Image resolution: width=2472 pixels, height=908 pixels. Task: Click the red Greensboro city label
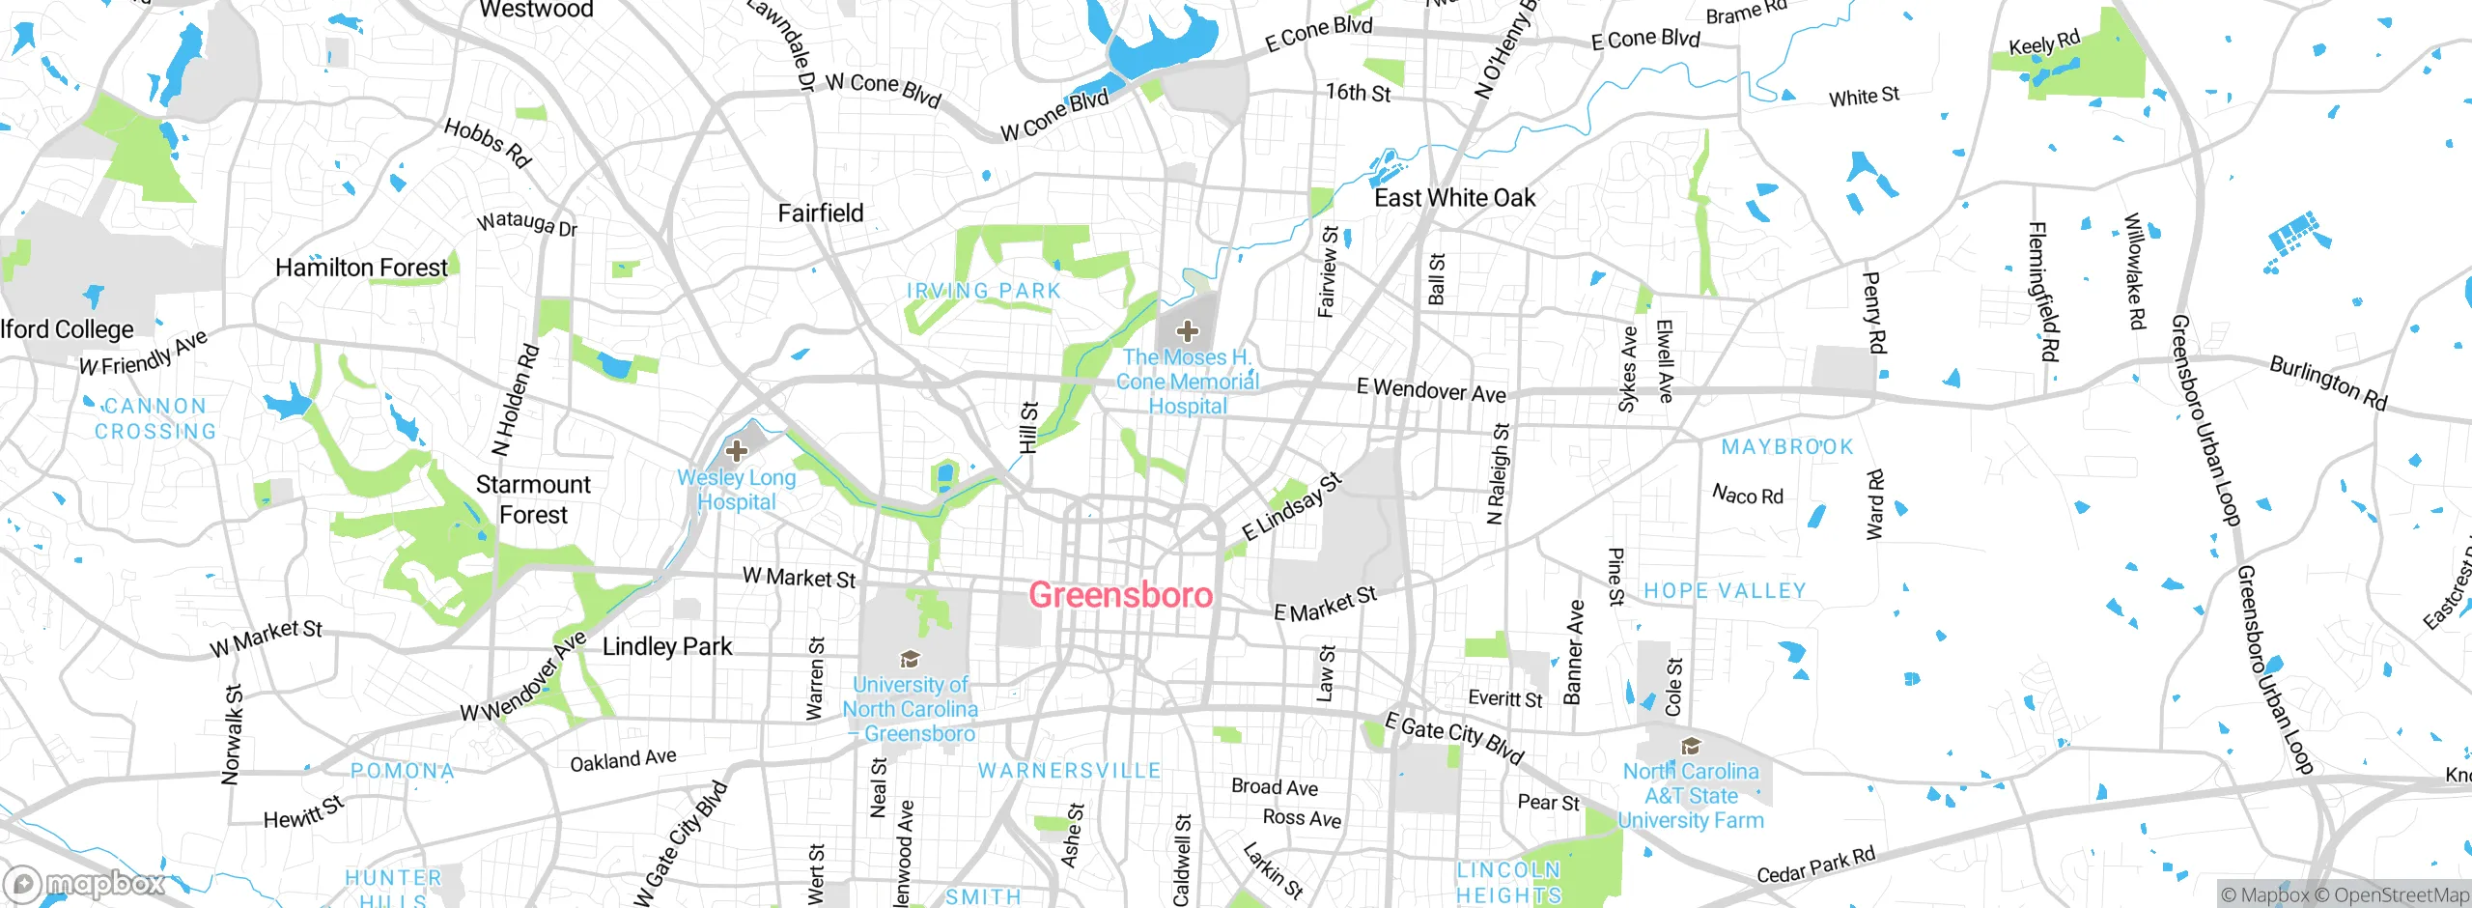pyautogui.click(x=1120, y=594)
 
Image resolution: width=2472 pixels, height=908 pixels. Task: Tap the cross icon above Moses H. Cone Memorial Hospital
pyautogui.click(x=1187, y=331)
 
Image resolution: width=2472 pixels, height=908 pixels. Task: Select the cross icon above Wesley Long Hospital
pyautogui.click(x=737, y=450)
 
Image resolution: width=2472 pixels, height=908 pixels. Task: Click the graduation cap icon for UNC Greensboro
pyautogui.click(x=909, y=659)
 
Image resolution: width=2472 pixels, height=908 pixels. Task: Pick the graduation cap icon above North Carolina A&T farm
pyautogui.click(x=1690, y=746)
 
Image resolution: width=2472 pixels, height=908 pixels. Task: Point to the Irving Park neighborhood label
pyautogui.click(x=983, y=291)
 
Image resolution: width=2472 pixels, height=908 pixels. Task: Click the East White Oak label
pyautogui.click(x=1454, y=198)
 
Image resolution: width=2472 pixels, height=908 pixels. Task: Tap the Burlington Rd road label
pyautogui.click(x=2327, y=383)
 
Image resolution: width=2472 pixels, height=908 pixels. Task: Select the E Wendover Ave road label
pyautogui.click(x=1430, y=390)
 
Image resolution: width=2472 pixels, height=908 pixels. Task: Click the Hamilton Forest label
pyautogui.click(x=361, y=268)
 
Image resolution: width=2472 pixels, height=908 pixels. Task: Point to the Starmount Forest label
pyautogui.click(x=533, y=499)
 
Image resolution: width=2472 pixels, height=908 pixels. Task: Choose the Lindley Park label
pyautogui.click(x=667, y=646)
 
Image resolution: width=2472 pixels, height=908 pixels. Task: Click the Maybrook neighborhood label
pyautogui.click(x=1787, y=447)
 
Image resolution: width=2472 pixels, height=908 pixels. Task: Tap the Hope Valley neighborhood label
pyautogui.click(x=1725, y=590)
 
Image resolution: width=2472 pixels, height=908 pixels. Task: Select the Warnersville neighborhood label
pyautogui.click(x=1069, y=771)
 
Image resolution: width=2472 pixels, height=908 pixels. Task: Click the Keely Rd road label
pyautogui.click(x=2043, y=43)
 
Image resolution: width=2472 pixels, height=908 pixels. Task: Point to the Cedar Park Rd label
pyautogui.click(x=1815, y=865)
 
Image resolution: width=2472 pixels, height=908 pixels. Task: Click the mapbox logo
pyautogui.click(x=85, y=883)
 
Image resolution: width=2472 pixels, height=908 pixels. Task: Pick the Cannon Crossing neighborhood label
pyautogui.click(x=154, y=418)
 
